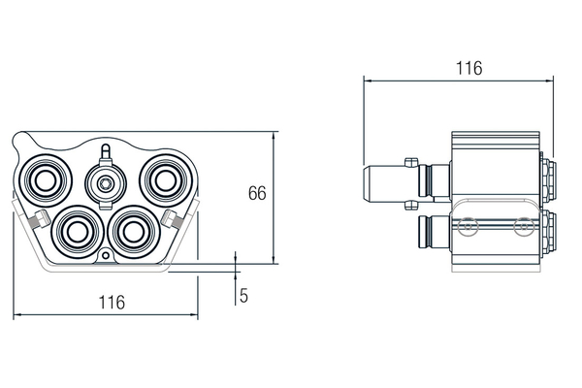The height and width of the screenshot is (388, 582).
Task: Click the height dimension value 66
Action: [x=256, y=193]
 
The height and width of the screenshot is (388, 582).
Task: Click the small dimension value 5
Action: [x=244, y=295]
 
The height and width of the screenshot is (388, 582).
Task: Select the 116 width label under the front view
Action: [x=112, y=303]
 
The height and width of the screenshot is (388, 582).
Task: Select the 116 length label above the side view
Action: [x=469, y=68]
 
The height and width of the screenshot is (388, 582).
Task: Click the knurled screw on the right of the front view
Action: [x=173, y=218]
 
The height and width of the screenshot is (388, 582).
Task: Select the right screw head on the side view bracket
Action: [x=524, y=230]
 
